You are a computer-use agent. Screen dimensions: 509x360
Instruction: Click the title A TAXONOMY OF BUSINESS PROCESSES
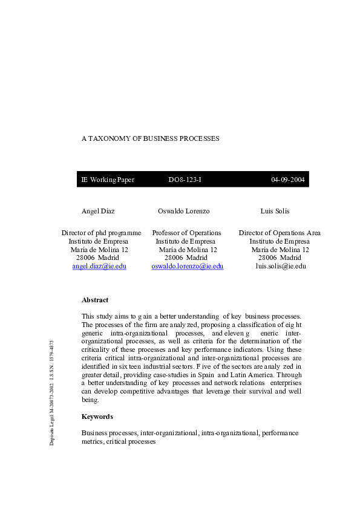pos(150,138)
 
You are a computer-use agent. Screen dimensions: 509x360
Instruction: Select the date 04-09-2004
pos(288,180)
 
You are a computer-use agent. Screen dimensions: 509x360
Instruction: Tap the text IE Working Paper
pos(108,180)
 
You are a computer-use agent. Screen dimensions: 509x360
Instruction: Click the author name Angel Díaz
pos(98,211)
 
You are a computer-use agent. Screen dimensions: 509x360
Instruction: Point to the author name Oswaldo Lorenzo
pos(183,211)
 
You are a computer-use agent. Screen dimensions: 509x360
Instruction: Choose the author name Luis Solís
pos(275,211)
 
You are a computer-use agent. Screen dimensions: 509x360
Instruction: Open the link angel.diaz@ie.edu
pos(99,266)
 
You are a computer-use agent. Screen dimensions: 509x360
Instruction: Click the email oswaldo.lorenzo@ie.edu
pos(188,266)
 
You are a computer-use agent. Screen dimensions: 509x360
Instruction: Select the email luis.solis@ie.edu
pos(281,266)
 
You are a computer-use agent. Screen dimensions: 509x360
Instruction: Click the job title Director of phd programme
pos(101,233)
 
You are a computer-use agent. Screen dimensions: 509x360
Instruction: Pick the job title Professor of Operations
pos(186,233)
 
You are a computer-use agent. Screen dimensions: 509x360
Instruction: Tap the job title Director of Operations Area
pos(280,233)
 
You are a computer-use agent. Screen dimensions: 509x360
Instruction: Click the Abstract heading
pos(95,300)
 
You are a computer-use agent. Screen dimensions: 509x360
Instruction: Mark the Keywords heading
pos(97,417)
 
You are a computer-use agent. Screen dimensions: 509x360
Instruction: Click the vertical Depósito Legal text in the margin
pos(53,393)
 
